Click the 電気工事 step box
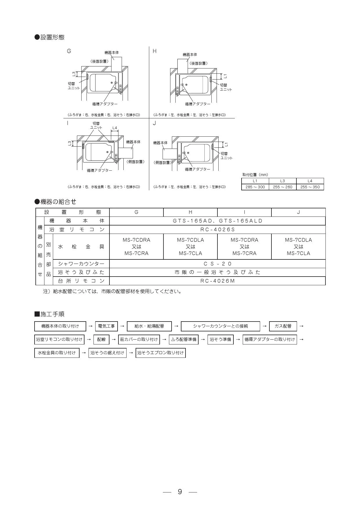106,326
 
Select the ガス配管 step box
283,326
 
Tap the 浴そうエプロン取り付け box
161,353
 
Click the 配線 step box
101,339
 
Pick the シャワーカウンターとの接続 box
220,326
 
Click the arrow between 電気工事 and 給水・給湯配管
122,326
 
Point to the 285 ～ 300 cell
255,187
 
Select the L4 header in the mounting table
310,181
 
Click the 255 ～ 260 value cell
283,187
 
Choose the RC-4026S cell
217,230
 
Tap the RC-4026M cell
217,281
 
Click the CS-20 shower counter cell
217,264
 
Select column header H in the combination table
190,212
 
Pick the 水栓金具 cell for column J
298,247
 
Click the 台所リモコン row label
81,281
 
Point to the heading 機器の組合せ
55,201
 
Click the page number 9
180,492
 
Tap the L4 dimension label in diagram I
115,128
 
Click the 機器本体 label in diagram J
161,143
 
